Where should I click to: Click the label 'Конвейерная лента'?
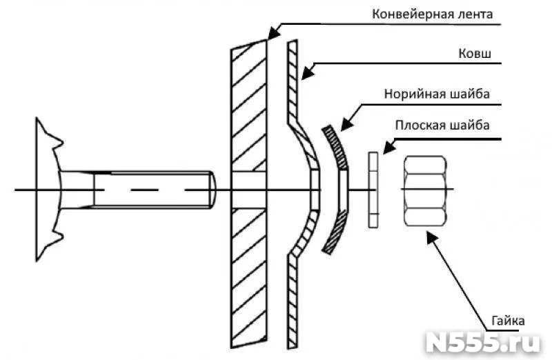point(433,14)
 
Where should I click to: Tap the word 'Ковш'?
point(475,54)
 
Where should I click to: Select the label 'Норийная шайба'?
point(437,94)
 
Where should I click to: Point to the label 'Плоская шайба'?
point(442,125)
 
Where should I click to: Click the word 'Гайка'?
point(508,321)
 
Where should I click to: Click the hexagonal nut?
point(425,191)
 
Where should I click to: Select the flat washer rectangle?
point(373,190)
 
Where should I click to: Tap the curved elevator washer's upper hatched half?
point(337,146)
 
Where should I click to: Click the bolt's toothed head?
point(48,190)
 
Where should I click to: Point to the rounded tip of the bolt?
point(213,190)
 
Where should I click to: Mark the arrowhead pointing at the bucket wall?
point(308,72)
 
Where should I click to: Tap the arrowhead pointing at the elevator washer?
point(347,124)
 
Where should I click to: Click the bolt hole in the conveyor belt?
point(249,190)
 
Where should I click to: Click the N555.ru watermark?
point(482,341)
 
